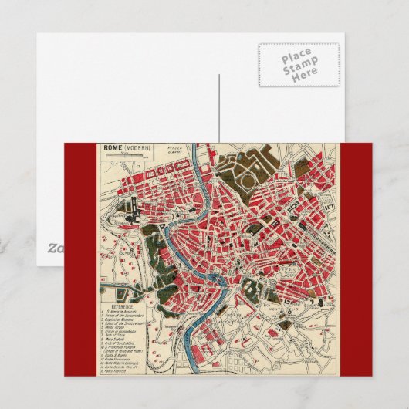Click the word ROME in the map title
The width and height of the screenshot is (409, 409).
tap(112, 147)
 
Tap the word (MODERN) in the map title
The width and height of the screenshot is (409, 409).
tap(137, 147)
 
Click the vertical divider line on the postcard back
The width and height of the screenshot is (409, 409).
tap(219, 108)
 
